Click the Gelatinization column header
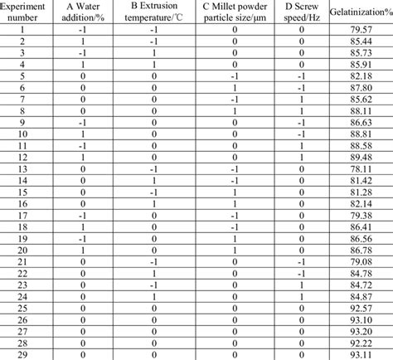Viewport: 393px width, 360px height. [360, 12]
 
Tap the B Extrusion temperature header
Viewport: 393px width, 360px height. [154, 12]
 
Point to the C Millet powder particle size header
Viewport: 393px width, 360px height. [235, 12]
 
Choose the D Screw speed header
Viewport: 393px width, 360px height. [302, 12]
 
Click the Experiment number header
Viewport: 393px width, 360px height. [23, 12]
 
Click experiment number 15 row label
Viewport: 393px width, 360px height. [23, 191]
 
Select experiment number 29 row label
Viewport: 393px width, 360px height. [23, 353]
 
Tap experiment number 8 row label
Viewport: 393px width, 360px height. [23, 109]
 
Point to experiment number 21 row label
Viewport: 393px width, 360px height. [23, 260]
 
